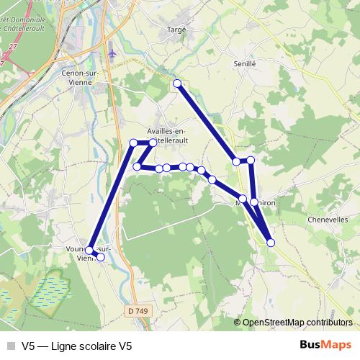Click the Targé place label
176,29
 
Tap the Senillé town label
245,64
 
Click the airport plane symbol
111,52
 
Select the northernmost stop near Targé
177,84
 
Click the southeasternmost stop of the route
271,243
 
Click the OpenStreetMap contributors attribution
297,323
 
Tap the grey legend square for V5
11,346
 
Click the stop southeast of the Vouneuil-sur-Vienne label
100,257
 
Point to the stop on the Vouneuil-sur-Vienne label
89,251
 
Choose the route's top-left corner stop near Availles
133,143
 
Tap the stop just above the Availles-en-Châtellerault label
153,143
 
